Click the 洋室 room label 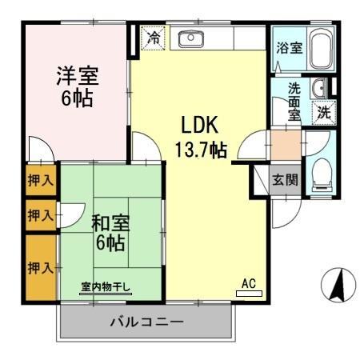[76, 78]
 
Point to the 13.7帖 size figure [201, 148]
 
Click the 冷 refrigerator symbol [152, 38]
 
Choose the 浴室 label [289, 48]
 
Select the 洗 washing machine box [323, 112]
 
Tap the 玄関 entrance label [285, 179]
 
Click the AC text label [250, 282]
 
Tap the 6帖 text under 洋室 [76, 99]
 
